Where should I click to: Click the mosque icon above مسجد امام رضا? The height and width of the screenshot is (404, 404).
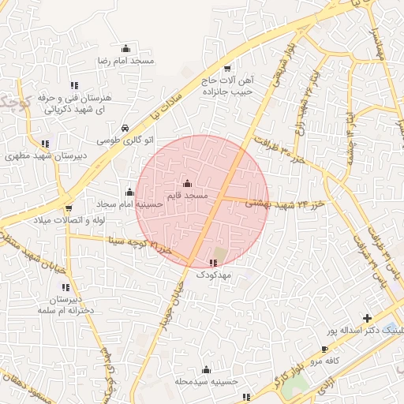124,49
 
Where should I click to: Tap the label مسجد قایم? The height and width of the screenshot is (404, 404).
187,194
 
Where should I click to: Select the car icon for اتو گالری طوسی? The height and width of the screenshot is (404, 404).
125,128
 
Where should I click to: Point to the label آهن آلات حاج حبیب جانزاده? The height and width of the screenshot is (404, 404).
228,86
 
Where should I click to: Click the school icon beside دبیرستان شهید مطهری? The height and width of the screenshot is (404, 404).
45,144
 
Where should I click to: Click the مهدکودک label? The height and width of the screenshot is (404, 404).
211,274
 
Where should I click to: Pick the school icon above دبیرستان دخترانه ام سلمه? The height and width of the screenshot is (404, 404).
65,287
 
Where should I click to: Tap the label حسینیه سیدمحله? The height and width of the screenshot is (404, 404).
207,381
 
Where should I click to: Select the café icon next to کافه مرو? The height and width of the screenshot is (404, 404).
324,349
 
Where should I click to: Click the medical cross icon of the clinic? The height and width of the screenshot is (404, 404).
366,317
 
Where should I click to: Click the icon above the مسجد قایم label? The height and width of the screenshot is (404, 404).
187,183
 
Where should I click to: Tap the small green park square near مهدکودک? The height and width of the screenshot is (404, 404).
220,256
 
